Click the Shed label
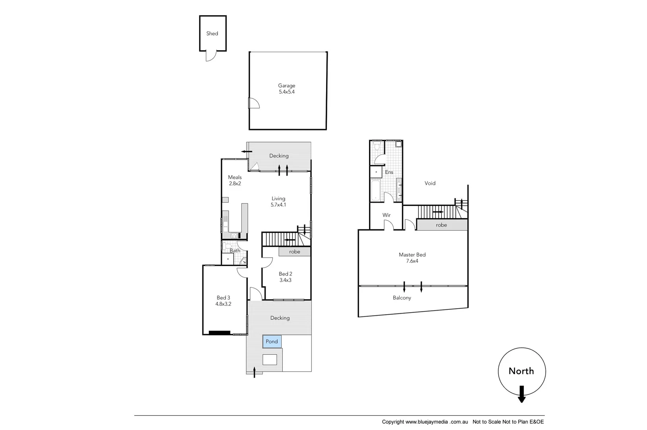tap(212, 33)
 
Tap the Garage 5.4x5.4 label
tap(286, 88)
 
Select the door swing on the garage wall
tap(254, 104)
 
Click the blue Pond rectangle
tap(272, 342)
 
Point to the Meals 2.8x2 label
tap(235, 180)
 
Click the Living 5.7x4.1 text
tap(278, 201)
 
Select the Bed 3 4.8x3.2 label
tap(223, 301)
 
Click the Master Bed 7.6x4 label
tap(412, 258)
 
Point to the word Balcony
tap(402, 298)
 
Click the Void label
tap(430, 183)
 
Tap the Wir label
tap(386, 215)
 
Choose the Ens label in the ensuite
tap(389, 172)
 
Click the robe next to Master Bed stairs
tap(441, 225)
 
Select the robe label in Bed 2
tap(295, 252)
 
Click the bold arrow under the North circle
tap(522, 394)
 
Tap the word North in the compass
tap(521, 371)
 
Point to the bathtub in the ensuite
tap(375, 190)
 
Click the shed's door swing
tap(210, 56)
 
